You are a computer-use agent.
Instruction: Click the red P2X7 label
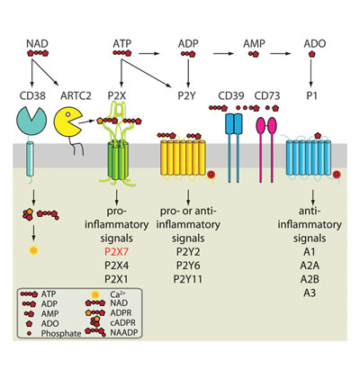tap(116, 251)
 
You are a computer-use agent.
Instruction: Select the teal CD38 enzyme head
tap(31, 120)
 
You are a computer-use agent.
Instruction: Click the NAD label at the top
tap(37, 43)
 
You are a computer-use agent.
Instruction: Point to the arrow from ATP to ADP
tap(149, 54)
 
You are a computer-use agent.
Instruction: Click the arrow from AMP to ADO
tap(281, 54)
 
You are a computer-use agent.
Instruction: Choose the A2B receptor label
tap(310, 279)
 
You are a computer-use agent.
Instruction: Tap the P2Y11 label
tap(188, 279)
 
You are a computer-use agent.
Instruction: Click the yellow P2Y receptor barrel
tap(183, 157)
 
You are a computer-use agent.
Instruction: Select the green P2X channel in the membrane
tap(118, 159)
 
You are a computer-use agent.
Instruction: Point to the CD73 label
tap(267, 95)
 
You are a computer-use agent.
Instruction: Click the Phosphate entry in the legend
tap(61, 333)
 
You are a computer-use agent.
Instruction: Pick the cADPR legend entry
tap(123, 323)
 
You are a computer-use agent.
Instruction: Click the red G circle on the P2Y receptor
tap(211, 174)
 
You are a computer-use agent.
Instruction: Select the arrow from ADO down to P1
tap(311, 72)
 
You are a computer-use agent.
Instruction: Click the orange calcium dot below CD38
tap(33, 250)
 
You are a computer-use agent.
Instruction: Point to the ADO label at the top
tap(315, 43)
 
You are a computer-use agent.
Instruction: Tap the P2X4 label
tap(116, 266)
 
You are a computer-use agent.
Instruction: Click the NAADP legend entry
tap(123, 332)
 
